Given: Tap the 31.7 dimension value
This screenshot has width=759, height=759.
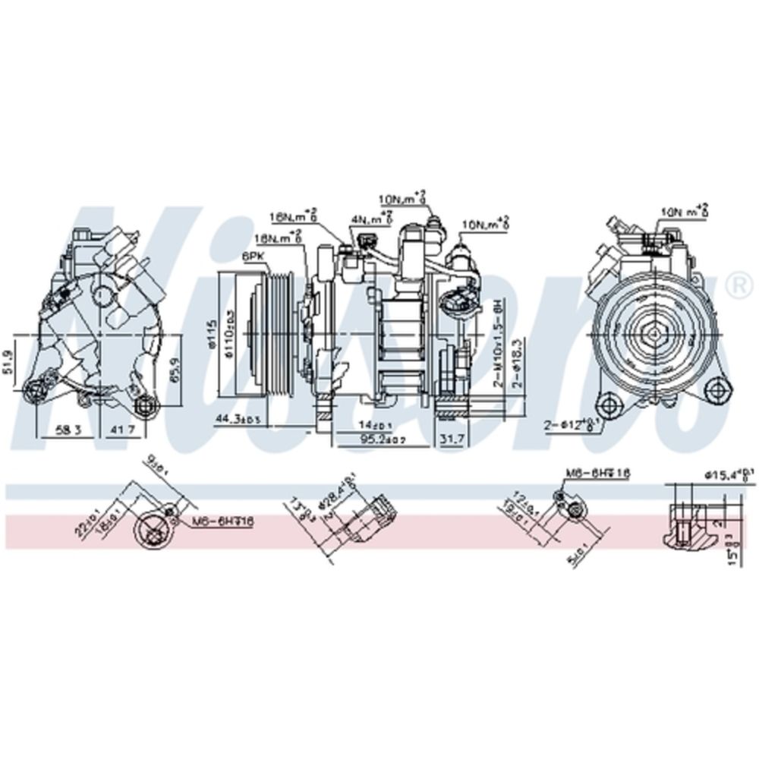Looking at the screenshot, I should coord(452,439).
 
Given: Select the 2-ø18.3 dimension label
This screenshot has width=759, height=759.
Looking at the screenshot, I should coord(518,363).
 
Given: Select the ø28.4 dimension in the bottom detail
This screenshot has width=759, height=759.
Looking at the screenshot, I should coord(329,507).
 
